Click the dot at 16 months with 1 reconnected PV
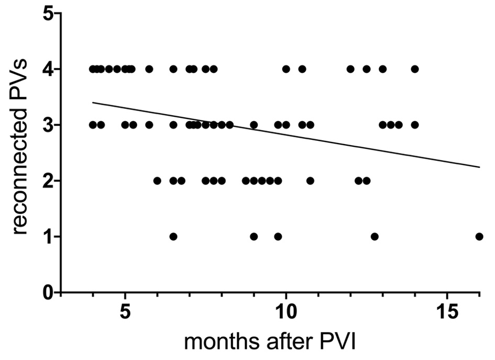coord(479,236)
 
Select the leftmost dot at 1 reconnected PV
coord(173,236)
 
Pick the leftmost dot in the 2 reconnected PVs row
coord(157,181)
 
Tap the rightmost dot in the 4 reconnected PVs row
coord(415,69)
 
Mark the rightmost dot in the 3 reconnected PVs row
coord(415,125)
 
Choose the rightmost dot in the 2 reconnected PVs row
coord(367,181)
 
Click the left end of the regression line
coord(93,103)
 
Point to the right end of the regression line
coord(479,167)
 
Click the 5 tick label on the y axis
coord(49,14)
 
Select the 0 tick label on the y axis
coord(49,292)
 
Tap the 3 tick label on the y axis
coord(49,125)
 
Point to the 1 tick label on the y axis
coord(49,237)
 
